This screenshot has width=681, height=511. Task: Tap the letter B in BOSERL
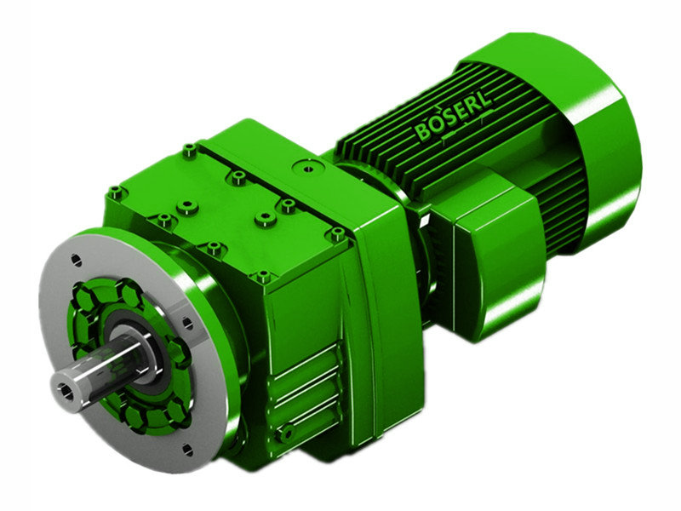(x=423, y=134)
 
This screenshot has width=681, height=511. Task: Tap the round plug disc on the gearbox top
(x=303, y=166)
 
